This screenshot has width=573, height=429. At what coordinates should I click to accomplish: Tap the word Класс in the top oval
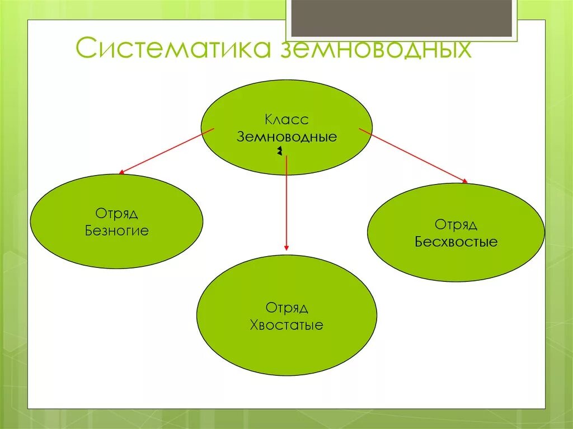[286, 120]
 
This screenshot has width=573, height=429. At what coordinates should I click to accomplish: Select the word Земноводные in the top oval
[286, 137]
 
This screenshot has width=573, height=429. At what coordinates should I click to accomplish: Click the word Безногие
[117, 230]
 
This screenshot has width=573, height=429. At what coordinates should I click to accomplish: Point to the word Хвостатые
[286, 325]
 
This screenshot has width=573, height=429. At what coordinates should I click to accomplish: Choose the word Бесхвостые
[456, 242]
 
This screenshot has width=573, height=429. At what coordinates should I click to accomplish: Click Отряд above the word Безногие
[116, 214]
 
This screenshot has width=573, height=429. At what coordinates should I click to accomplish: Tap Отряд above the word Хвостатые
[286, 308]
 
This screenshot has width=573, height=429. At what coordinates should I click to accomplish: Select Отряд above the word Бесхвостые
[456, 225]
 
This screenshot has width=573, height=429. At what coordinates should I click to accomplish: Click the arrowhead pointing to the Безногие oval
[121, 171]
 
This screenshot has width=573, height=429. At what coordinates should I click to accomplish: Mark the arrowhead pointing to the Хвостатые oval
[286, 247]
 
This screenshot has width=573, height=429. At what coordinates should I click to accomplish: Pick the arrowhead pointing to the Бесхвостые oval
[463, 180]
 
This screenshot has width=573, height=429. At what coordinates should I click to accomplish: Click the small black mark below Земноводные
[278, 152]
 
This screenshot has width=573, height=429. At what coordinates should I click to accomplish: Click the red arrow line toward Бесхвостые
[411, 154]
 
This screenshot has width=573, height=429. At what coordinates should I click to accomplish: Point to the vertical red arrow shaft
[286, 201]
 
